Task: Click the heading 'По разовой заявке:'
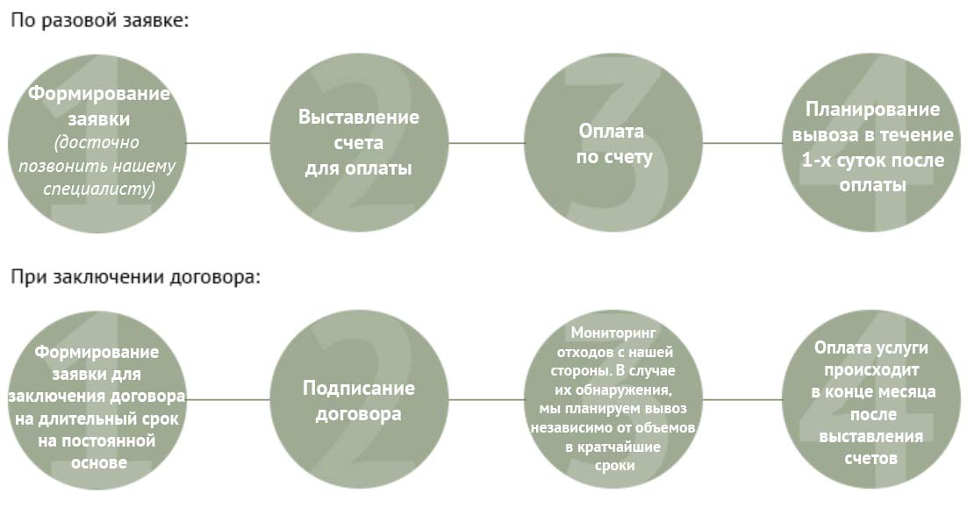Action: point(100,20)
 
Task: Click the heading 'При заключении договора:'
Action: point(136,276)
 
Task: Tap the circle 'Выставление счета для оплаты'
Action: point(360,143)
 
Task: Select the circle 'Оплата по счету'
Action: point(613,143)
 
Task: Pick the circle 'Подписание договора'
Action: point(360,399)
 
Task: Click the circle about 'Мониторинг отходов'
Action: point(613,399)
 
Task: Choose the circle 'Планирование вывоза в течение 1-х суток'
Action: point(871,143)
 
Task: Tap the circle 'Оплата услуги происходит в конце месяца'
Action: point(871,399)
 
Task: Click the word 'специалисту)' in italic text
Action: point(99,189)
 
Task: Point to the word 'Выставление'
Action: point(359,117)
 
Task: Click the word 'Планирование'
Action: point(872,109)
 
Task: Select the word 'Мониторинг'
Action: point(613,333)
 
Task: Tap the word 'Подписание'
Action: point(359,388)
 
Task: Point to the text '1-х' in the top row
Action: point(815,161)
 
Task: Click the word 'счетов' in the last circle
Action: point(870,459)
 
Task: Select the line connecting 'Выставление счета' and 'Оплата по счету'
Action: point(487,143)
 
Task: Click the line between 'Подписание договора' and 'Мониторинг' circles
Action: point(487,399)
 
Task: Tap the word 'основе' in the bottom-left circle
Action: point(99,462)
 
